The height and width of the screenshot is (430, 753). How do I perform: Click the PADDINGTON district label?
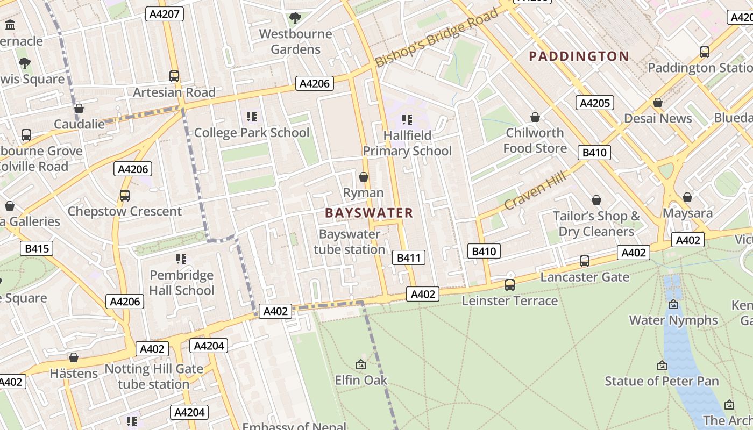pos(579,56)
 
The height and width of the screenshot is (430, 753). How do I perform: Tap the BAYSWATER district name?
pos(369,213)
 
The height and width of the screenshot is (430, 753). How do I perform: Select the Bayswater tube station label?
pos(350,242)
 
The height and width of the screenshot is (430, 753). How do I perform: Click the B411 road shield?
pos(408,258)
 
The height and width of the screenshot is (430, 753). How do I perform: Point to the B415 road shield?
pos(37,248)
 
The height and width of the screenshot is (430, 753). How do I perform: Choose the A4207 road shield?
pos(165,14)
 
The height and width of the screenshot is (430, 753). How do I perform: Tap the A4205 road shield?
pos(594,103)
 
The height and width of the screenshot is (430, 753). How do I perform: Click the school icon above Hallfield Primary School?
pos(407,119)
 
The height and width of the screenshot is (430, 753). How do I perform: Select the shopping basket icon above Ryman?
pos(364,177)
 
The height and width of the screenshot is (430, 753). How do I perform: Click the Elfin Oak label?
pos(361,380)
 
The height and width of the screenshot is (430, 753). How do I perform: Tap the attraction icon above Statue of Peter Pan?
pos(662,365)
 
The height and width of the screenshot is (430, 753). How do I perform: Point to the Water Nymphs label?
pos(673,320)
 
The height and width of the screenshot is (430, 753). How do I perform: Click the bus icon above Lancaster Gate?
pos(585,261)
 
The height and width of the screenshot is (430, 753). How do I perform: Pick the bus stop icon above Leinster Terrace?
pos(510,285)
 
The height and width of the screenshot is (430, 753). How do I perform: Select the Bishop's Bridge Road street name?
pos(437,38)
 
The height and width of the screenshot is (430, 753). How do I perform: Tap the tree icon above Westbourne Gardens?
pos(295,19)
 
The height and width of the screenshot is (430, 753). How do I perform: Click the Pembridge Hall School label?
pos(182,283)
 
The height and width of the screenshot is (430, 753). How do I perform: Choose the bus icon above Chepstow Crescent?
pos(125,196)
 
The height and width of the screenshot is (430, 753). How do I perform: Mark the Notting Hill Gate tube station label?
pos(154,376)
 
